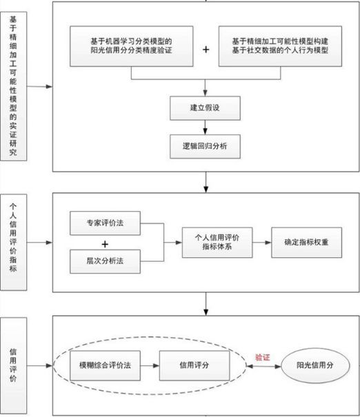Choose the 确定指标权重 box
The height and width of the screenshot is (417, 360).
coord(304,243)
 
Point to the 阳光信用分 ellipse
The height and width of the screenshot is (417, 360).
coord(317,365)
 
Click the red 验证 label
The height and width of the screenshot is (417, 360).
coord(263,358)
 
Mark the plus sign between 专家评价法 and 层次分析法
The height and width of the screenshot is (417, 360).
coord(105,244)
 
